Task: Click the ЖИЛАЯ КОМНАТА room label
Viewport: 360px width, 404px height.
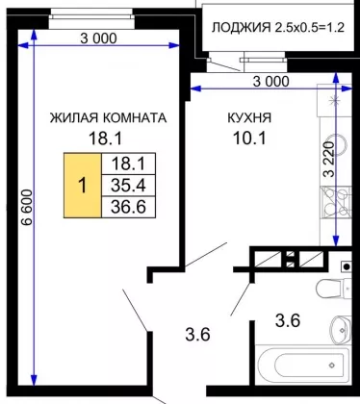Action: coord(108,117)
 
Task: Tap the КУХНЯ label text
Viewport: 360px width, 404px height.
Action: coord(249,117)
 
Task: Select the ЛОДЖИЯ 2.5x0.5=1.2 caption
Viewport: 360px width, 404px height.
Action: coord(278,28)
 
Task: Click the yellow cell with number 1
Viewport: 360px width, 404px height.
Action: coord(83,186)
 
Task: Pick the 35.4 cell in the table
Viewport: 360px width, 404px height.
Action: coord(128,186)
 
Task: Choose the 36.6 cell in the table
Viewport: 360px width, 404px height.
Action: coord(128,207)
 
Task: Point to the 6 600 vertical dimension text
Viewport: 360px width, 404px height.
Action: coord(27,208)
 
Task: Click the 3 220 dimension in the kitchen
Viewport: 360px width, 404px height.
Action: coord(329,160)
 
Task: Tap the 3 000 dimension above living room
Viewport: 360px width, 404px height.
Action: coord(98,38)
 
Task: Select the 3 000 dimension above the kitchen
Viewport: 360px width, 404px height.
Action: coord(271,82)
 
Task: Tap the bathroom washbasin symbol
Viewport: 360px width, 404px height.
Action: coord(341,328)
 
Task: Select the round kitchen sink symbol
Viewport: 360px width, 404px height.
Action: coord(340,146)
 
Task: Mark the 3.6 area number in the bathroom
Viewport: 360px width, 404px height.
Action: coord(288,320)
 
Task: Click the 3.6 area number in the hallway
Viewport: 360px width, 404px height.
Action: coord(197,334)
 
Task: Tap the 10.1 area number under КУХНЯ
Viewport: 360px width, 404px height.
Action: coord(249,139)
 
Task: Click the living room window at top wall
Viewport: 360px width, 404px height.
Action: coord(91,18)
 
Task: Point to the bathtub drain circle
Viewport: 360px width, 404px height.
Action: coord(332,365)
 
